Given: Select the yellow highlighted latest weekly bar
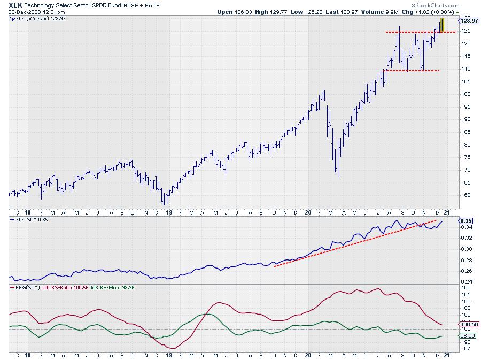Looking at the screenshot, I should click(x=442, y=25).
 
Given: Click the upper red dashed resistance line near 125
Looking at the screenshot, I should click(x=412, y=32).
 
